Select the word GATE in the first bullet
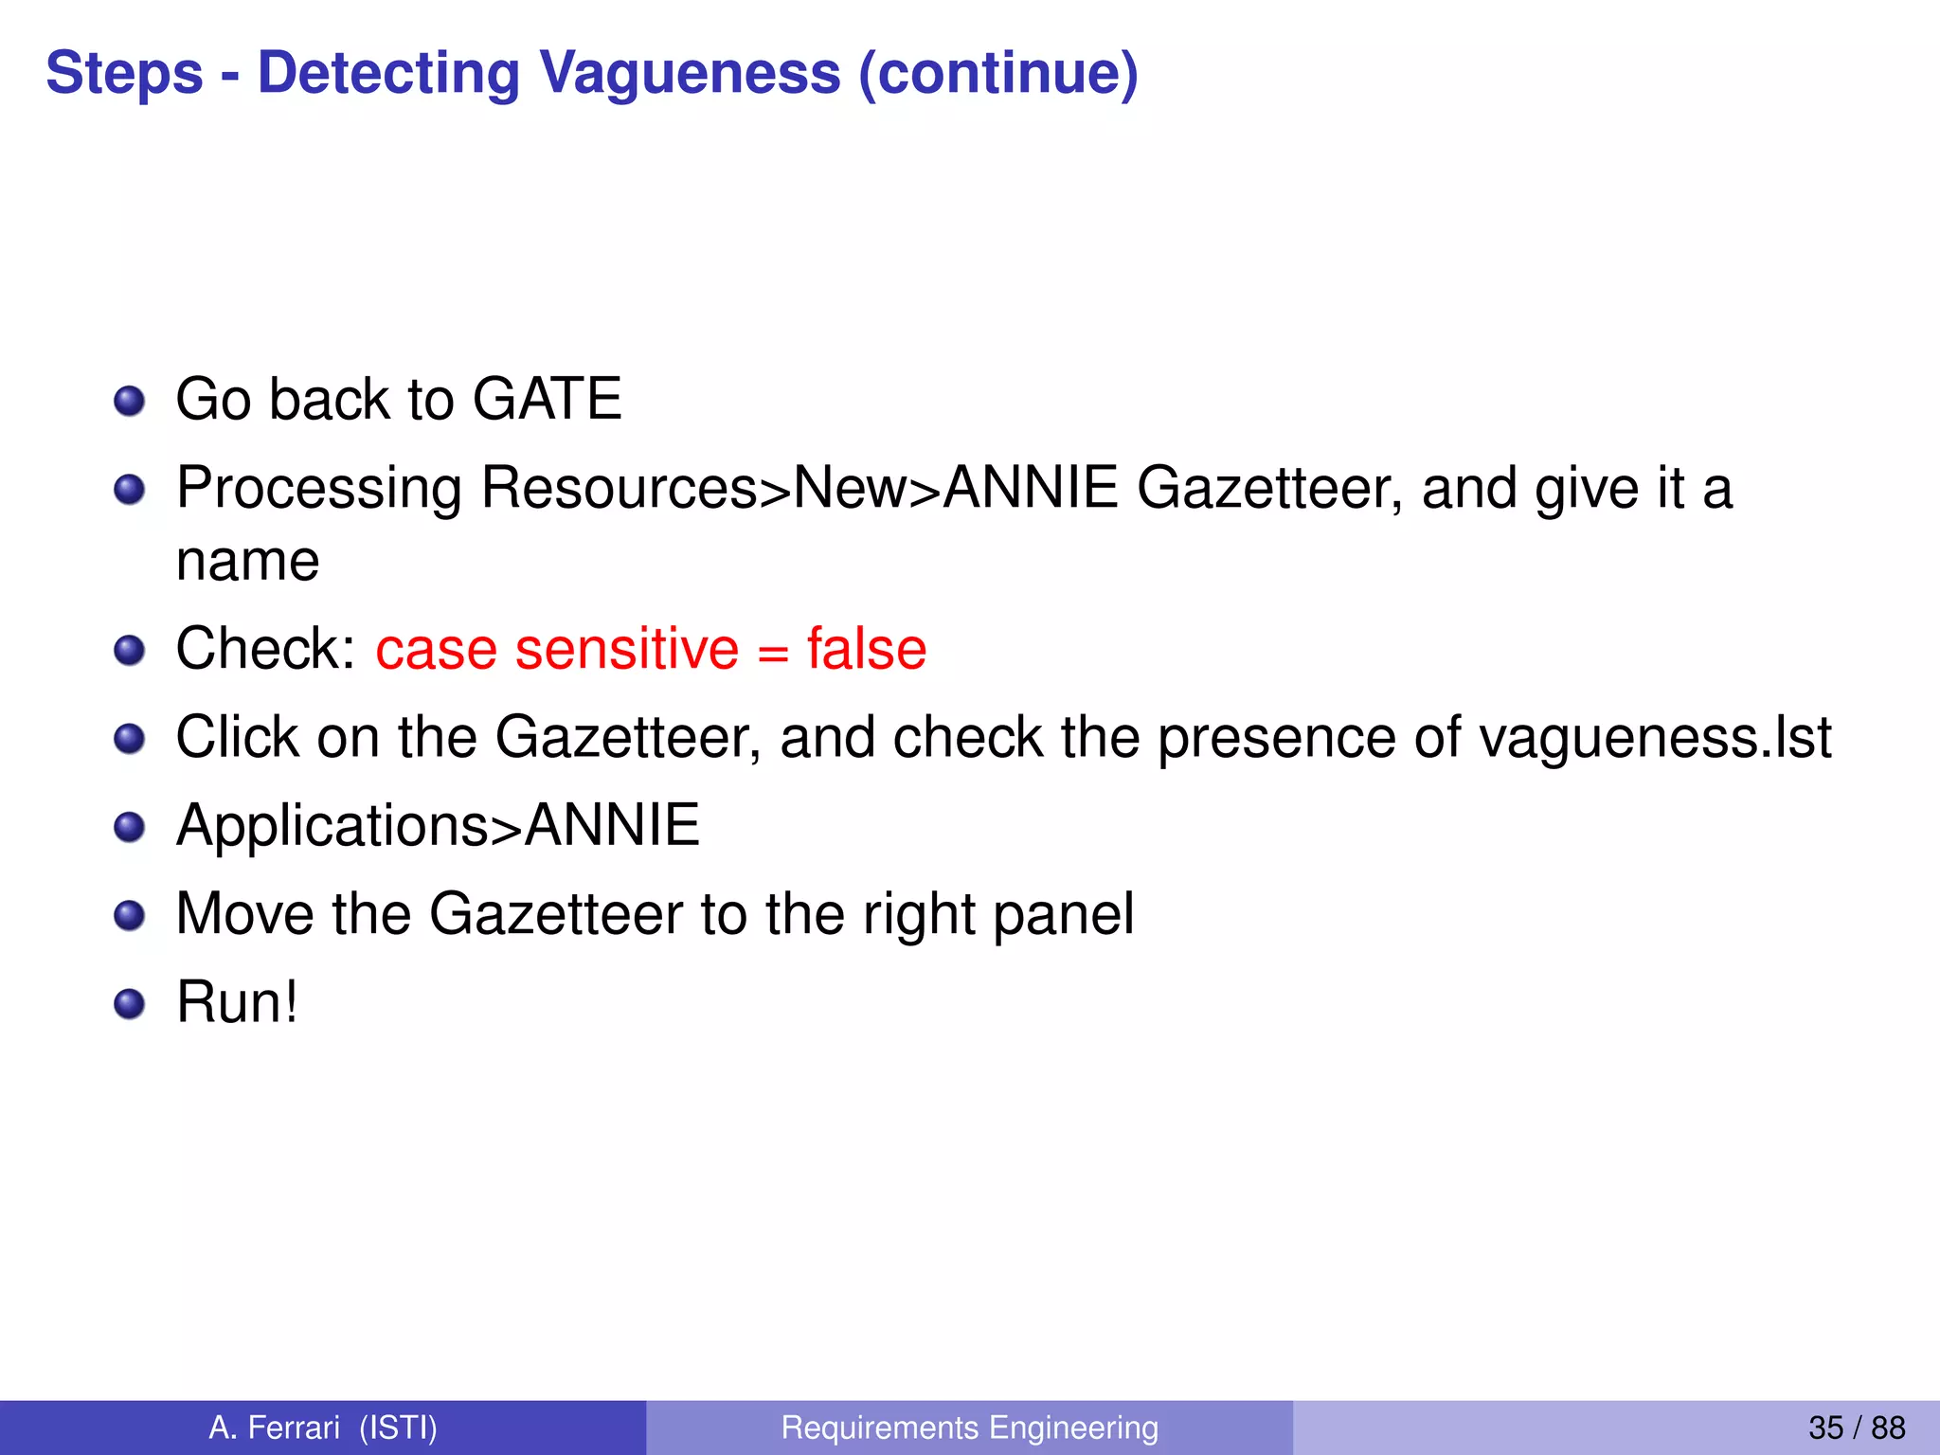(x=547, y=399)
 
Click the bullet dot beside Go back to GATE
(x=129, y=401)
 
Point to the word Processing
(x=319, y=489)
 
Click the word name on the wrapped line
(x=247, y=561)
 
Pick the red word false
(x=866, y=649)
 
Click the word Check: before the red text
(x=266, y=649)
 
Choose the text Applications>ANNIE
(x=438, y=825)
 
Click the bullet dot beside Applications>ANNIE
(x=129, y=827)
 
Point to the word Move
(x=245, y=914)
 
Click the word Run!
(x=237, y=1002)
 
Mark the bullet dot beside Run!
(x=129, y=1004)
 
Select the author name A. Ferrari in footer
(x=274, y=1428)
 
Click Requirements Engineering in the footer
(x=969, y=1428)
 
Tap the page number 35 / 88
(x=1856, y=1428)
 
